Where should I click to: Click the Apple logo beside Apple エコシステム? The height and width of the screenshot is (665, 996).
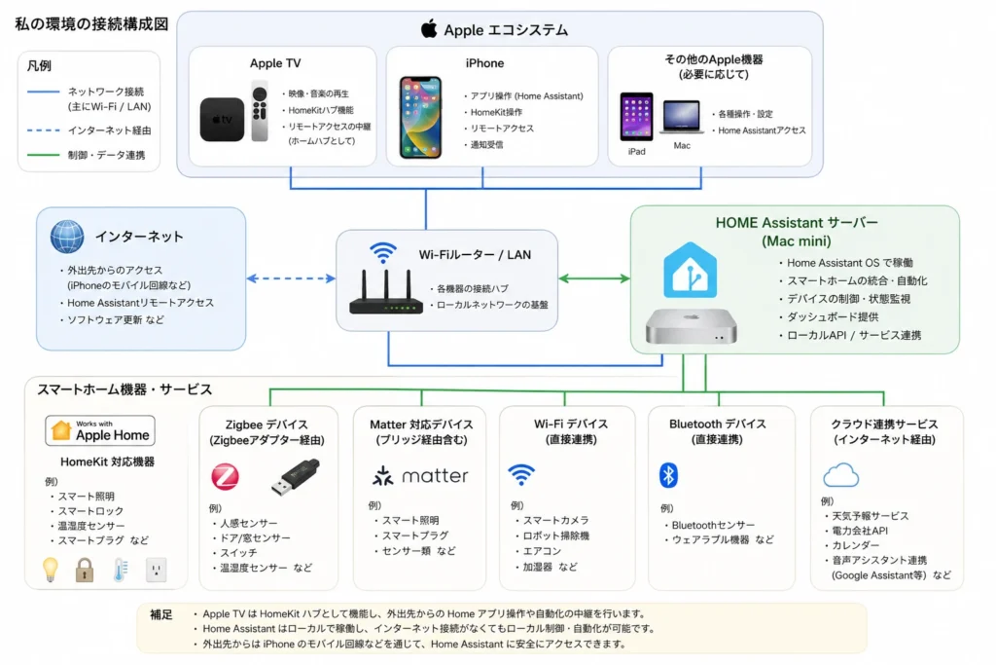point(429,28)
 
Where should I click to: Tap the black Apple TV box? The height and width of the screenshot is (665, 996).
point(223,120)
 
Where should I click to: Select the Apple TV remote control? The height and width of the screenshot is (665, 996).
point(259,112)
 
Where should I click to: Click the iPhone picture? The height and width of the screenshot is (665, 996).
point(420,117)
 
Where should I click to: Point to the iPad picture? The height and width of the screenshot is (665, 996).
point(636,117)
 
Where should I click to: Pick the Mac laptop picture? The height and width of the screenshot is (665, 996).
point(682,118)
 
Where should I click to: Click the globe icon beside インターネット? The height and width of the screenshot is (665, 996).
point(68,237)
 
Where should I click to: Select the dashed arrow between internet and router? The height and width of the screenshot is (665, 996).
point(291,278)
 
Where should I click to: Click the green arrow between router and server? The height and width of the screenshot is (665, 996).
point(593,278)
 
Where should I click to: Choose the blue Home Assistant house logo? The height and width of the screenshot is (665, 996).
point(691,270)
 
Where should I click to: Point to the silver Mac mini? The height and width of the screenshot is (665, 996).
point(691,327)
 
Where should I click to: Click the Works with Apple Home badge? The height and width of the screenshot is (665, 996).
point(100,430)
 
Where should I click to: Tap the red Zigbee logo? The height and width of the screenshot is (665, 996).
point(226,477)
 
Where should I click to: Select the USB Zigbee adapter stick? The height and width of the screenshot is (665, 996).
point(291,478)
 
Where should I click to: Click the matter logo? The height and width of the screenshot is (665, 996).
point(420,476)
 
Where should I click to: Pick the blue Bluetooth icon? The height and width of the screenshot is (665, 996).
point(668,475)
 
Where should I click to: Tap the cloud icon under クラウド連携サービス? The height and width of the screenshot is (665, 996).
point(840,475)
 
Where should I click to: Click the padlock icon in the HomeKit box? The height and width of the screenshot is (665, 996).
point(85,569)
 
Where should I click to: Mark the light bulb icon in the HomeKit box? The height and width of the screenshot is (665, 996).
point(50,569)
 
